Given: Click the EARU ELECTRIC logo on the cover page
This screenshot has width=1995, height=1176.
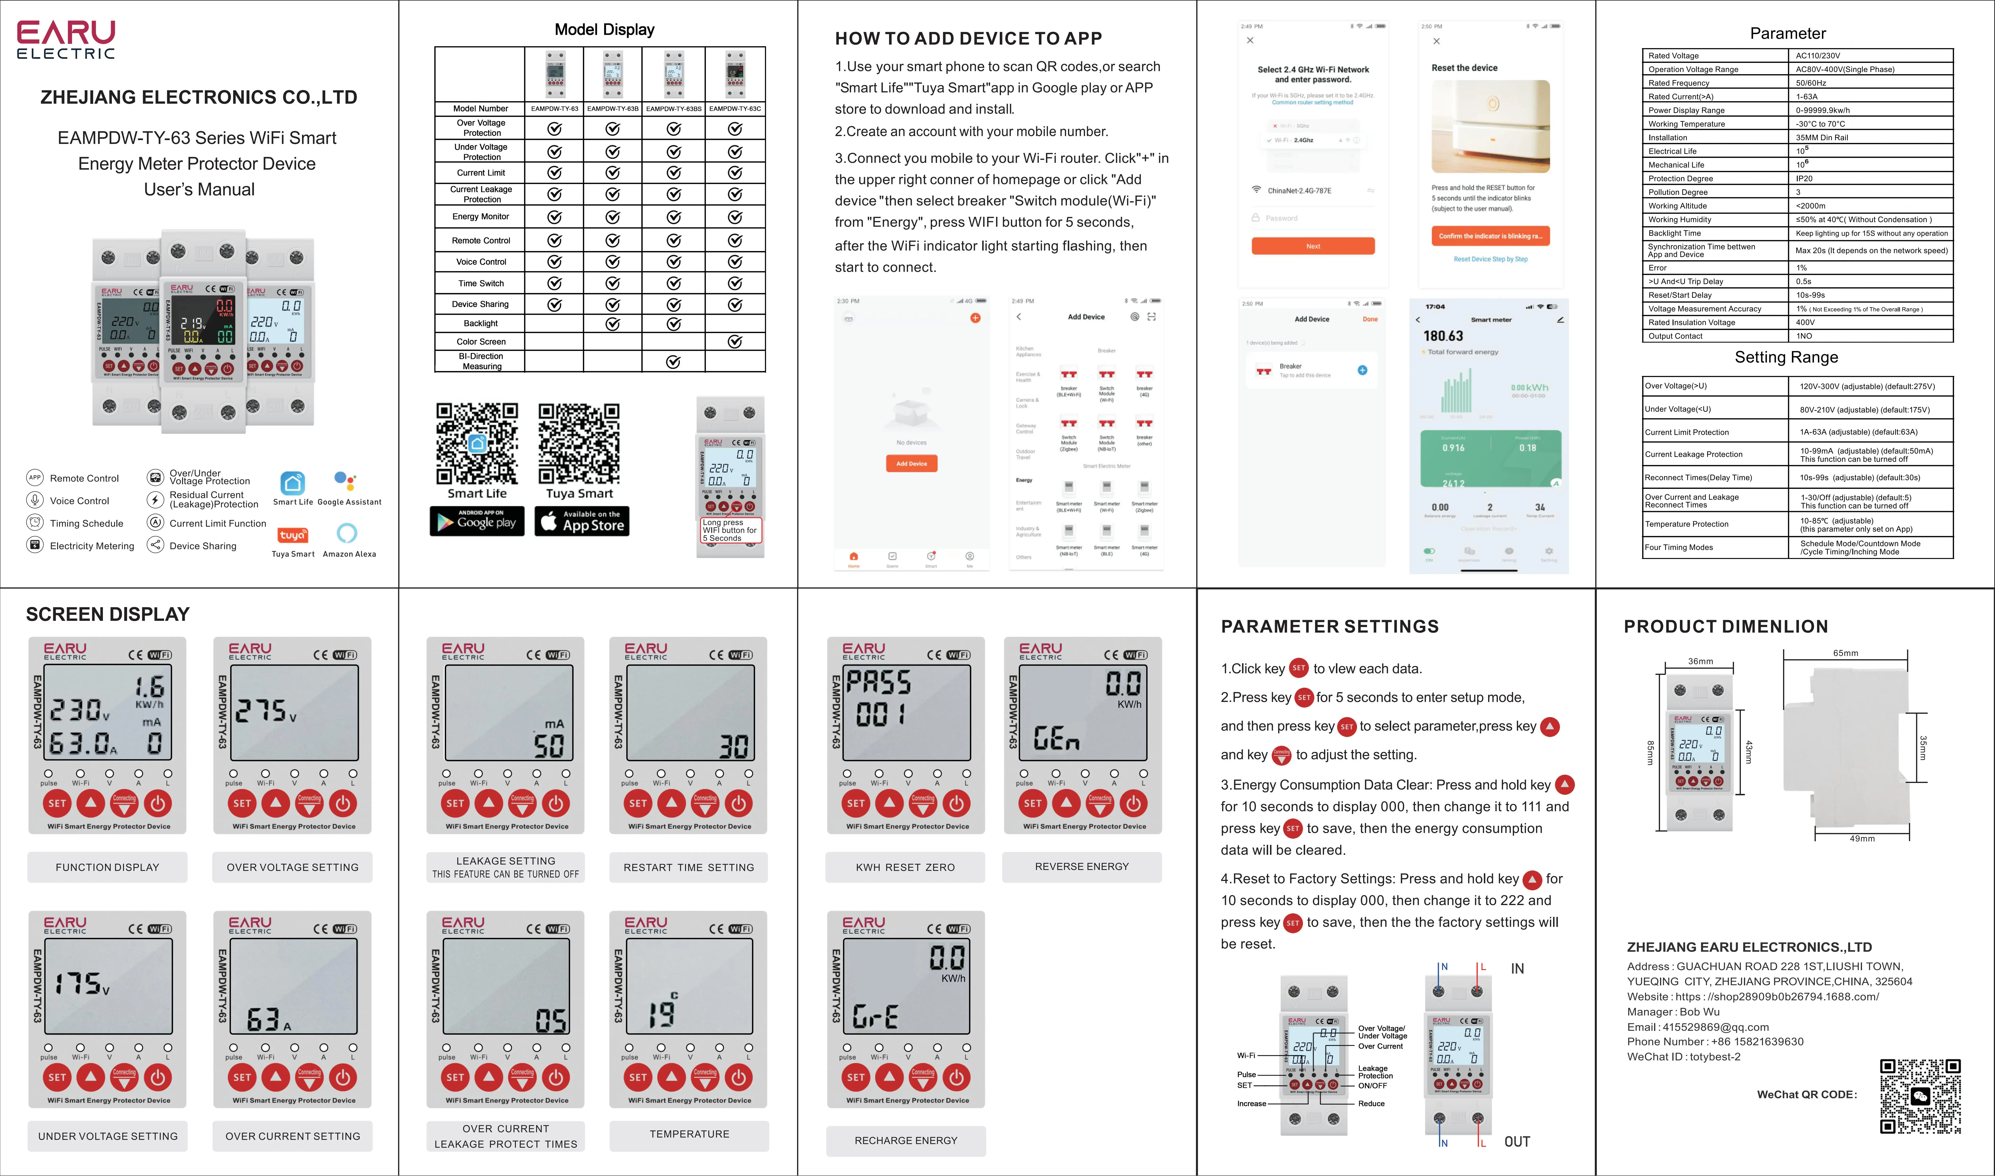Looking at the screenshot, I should (67, 40).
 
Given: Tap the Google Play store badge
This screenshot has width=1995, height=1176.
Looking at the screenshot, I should (477, 522).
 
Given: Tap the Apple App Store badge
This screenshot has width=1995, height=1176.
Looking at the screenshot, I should (582, 522).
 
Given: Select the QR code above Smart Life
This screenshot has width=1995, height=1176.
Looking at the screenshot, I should (477, 444).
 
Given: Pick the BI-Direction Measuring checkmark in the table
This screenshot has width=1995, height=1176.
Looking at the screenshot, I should (674, 362).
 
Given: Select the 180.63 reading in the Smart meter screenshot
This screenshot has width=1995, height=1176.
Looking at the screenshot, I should (1444, 336).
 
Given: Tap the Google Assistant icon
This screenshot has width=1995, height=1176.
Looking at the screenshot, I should (345, 481).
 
